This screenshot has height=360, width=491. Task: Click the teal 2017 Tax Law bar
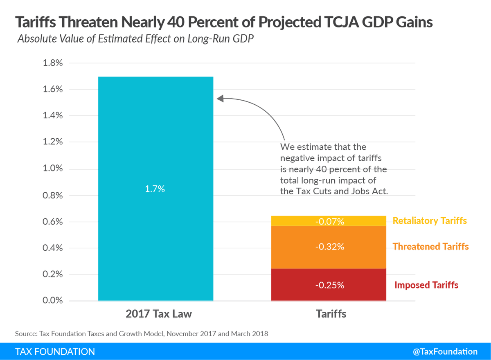(x=155, y=189)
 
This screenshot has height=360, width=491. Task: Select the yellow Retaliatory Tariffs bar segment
(x=329, y=221)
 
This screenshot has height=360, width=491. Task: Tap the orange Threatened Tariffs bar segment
(x=329, y=247)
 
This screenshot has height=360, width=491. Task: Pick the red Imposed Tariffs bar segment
(x=329, y=285)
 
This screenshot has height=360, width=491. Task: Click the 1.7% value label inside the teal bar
(x=155, y=189)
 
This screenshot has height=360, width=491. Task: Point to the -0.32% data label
(x=330, y=247)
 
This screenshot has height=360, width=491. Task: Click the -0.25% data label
(x=330, y=285)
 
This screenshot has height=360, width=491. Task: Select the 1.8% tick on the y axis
(x=53, y=63)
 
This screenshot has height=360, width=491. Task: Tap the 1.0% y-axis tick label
(x=53, y=168)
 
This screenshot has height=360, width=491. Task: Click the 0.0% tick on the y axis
(x=53, y=300)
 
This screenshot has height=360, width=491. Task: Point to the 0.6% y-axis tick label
(x=53, y=222)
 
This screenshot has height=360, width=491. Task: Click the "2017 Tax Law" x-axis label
(x=159, y=314)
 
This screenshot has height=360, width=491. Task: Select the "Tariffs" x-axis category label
(x=331, y=314)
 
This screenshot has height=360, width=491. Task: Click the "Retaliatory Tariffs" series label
(x=430, y=220)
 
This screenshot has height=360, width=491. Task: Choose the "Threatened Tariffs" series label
(x=430, y=247)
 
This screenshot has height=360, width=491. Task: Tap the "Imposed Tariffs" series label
(x=426, y=285)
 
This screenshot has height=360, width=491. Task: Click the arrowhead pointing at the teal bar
(x=220, y=99)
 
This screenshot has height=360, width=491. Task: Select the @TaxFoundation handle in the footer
(x=445, y=351)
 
